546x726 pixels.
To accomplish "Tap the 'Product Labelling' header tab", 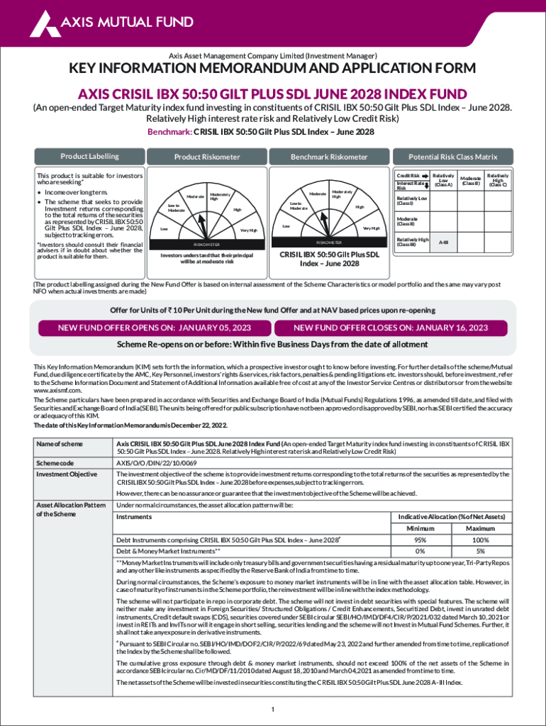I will coord(89,157).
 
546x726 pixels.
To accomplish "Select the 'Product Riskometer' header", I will coord(207,157).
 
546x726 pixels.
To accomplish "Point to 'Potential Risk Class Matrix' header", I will coord(453,157).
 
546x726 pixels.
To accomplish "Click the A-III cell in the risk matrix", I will coord(443,242).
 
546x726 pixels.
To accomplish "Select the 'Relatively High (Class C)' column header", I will coord(498,181).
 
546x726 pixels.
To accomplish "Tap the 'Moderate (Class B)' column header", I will coord(470,181).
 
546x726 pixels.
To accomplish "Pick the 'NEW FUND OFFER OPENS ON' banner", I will coord(155,328).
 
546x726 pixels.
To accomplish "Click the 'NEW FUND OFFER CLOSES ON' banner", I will coord(391,328).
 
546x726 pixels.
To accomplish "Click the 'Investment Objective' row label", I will coord(63,474).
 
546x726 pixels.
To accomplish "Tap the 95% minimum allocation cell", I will coord(420,540).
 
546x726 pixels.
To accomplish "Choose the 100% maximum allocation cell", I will coord(480,540).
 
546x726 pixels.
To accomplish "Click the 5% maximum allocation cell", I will coord(480,551).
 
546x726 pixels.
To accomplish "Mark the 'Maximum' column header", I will coord(480,529).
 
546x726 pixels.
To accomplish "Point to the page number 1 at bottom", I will coord(273,710).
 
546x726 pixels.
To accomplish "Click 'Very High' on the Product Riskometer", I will coord(248,230).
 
